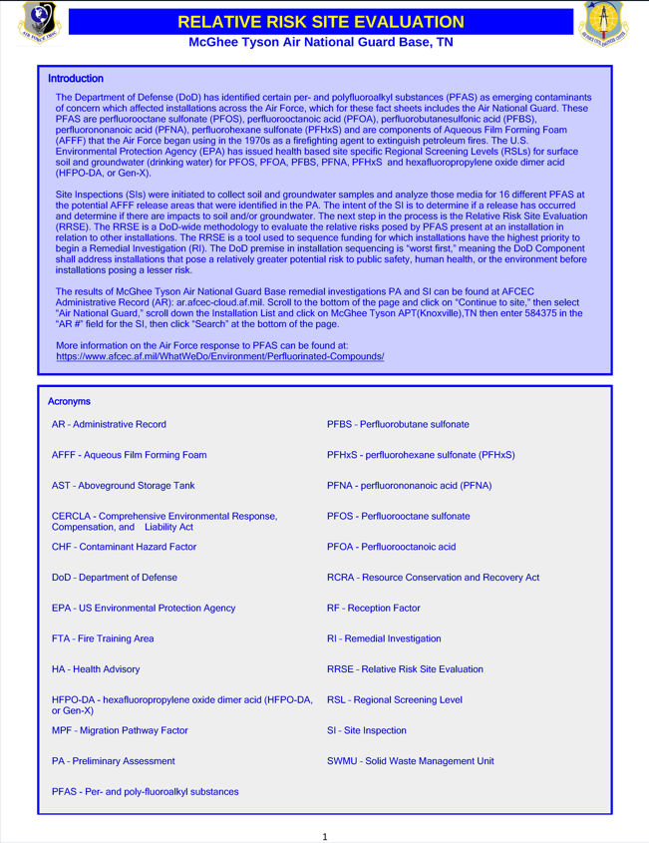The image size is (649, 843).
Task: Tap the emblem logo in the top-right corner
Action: click(609, 25)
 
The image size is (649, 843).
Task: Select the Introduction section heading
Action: click(76, 78)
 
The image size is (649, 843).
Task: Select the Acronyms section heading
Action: click(70, 401)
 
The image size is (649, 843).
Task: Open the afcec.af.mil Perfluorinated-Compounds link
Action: click(219, 356)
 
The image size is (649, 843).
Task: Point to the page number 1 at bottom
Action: click(325, 835)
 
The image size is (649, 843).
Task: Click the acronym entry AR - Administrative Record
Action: click(109, 425)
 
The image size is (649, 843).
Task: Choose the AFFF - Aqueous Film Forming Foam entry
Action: click(129, 455)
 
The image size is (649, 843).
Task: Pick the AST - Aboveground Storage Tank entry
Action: click(123, 486)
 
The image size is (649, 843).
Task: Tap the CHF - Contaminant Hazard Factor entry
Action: click(123, 547)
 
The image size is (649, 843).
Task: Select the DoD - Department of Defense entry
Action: click(114, 578)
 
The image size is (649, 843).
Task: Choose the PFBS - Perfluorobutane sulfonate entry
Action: click(398, 425)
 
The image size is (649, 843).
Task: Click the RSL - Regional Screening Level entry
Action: click(394, 699)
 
